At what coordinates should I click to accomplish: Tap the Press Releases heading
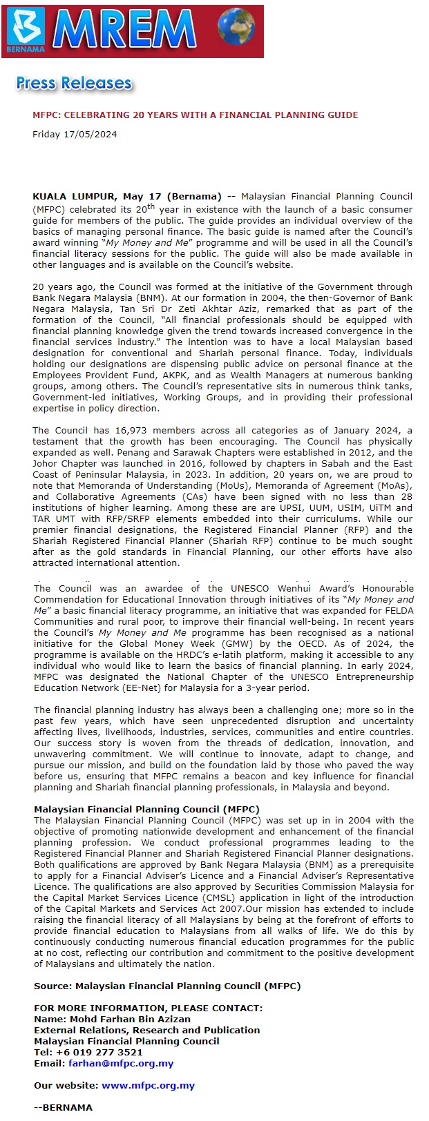click(74, 84)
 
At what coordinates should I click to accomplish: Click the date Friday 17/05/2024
click(75, 135)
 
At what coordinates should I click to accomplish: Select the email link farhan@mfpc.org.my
click(121, 1064)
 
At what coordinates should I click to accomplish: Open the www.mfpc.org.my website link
click(148, 1086)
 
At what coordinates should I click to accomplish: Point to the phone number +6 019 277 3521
click(99, 1053)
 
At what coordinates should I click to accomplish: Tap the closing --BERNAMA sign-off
click(63, 1108)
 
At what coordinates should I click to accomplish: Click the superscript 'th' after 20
click(151, 206)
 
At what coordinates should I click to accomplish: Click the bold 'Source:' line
click(167, 986)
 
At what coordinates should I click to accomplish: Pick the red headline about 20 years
click(196, 115)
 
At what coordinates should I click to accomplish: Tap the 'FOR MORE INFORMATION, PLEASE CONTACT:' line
click(148, 1008)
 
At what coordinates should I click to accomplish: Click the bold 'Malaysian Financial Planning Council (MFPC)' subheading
click(146, 810)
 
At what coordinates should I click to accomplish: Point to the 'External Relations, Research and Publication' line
click(147, 1031)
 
